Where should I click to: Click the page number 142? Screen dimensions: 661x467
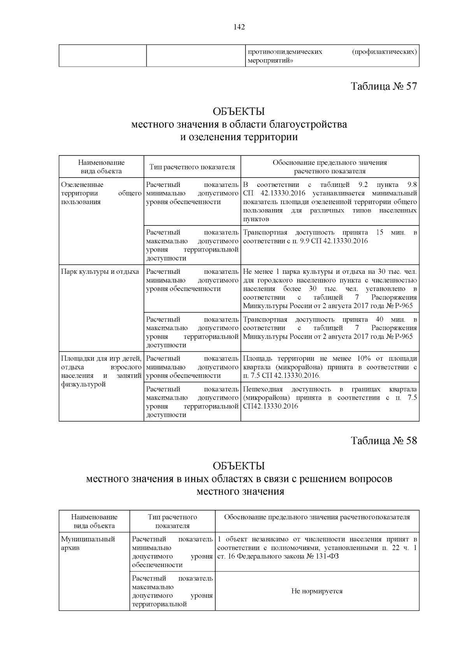(x=239, y=27)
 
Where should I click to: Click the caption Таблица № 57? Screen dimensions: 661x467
(x=384, y=86)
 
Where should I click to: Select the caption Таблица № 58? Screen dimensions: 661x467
(x=384, y=441)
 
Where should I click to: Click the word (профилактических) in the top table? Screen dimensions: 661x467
(x=384, y=52)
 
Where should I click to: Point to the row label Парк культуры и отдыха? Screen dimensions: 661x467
(x=100, y=271)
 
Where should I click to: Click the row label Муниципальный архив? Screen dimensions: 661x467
(x=88, y=543)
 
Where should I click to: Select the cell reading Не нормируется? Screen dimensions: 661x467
(x=317, y=591)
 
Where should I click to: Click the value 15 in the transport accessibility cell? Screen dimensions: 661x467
(x=380, y=233)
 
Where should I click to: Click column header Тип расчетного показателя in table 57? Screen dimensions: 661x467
(x=192, y=167)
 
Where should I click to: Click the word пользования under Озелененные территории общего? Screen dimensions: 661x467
(x=81, y=202)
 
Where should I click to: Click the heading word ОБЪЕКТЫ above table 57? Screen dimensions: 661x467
(x=239, y=111)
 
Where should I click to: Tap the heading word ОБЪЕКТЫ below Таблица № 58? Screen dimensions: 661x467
(x=239, y=466)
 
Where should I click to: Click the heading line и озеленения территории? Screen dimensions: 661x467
(x=239, y=137)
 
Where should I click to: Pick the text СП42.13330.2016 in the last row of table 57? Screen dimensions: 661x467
(x=270, y=406)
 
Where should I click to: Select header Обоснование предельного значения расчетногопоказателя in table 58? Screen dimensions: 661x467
(x=317, y=517)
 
